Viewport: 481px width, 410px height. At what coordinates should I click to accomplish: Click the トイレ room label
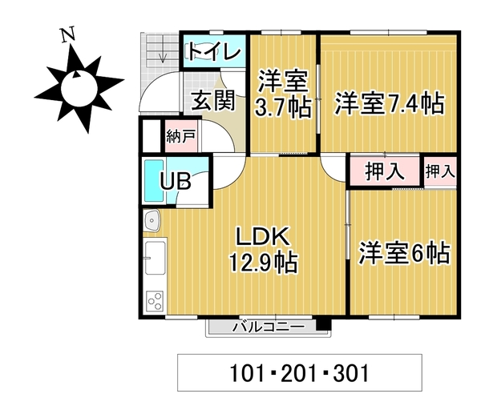tap(214, 52)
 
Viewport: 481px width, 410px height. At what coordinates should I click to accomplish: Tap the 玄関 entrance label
tap(213, 100)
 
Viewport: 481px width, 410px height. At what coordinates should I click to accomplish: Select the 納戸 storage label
tap(181, 136)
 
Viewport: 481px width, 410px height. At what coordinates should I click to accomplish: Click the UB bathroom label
tap(176, 181)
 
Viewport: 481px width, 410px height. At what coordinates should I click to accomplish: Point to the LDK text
tap(262, 236)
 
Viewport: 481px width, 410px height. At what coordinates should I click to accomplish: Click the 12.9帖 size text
tap(263, 263)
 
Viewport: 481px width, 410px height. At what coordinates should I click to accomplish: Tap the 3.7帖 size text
tap(283, 107)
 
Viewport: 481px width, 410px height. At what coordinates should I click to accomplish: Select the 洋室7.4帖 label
tap(390, 103)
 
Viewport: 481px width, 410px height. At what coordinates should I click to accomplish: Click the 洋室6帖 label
tap(404, 253)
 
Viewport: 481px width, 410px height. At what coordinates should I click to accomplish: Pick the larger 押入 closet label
tap(385, 171)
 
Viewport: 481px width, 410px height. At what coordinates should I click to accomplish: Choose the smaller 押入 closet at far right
tap(440, 171)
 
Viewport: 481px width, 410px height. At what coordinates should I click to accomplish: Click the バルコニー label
tap(269, 328)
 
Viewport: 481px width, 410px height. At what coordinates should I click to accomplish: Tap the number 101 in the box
tap(247, 373)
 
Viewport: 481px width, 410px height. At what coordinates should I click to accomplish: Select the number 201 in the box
tap(299, 373)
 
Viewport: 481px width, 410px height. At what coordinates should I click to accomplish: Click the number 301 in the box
tap(351, 373)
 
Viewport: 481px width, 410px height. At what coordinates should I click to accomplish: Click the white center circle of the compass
tap(79, 88)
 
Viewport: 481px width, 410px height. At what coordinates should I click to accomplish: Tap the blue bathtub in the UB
tap(154, 180)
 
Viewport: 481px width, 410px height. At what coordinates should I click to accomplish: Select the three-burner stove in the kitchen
tap(155, 300)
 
